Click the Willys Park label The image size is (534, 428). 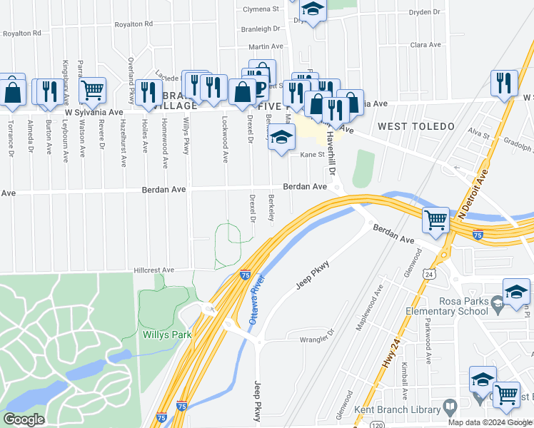click(166, 335)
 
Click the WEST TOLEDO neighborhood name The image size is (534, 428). click(416, 126)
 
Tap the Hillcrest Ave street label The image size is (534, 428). click(154, 270)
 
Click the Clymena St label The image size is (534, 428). click(261, 9)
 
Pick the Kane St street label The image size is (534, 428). click(312, 154)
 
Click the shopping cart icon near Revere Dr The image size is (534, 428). click(92, 89)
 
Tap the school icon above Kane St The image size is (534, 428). click(282, 136)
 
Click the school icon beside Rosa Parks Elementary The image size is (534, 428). click(516, 292)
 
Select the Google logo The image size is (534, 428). click(24, 419)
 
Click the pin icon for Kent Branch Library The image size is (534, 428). click(449, 407)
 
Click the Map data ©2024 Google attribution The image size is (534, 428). click(490, 422)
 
